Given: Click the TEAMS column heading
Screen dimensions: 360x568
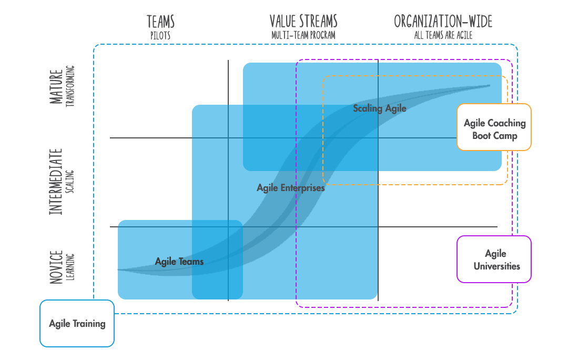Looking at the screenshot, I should click(160, 22).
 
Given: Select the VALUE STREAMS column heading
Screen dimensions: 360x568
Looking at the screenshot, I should click(303, 22).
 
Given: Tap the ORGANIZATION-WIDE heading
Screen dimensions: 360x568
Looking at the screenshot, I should click(443, 22).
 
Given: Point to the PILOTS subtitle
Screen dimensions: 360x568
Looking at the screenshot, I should click(160, 35).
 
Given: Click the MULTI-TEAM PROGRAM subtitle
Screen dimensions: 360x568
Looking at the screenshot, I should click(303, 35).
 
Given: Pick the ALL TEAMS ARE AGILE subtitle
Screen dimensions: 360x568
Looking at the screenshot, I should click(443, 35).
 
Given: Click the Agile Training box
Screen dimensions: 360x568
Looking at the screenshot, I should click(77, 324).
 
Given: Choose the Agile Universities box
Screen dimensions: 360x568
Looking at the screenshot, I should click(494, 259).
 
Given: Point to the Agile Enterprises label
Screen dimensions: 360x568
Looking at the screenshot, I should click(290, 188).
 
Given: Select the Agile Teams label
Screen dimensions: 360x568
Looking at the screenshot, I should click(179, 262).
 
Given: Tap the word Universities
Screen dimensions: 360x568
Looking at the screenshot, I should click(496, 266).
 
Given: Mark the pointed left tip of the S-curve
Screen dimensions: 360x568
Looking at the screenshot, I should click(118, 269).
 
